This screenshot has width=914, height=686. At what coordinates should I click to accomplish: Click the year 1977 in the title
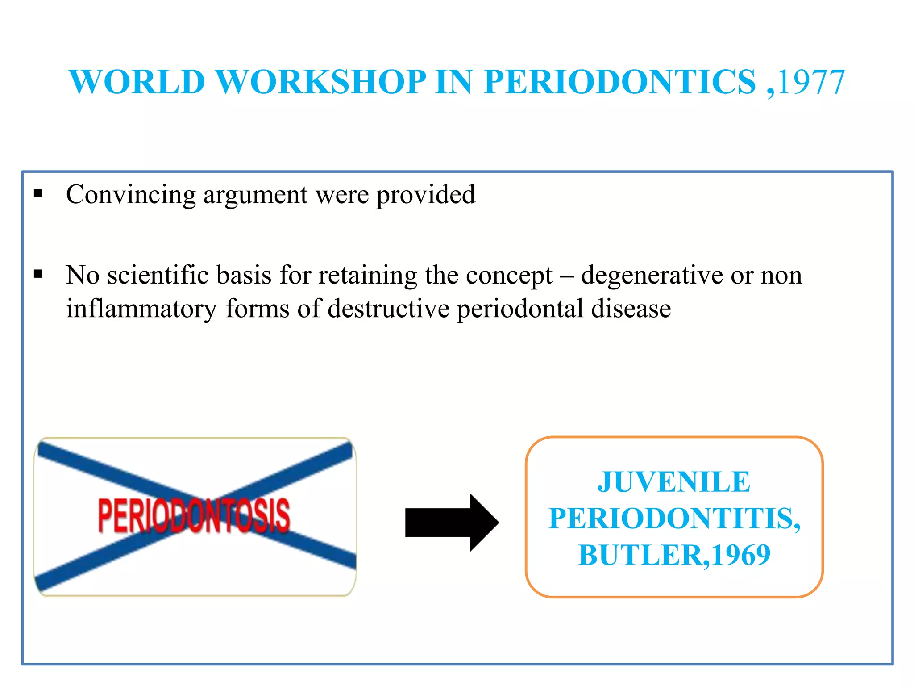(811, 83)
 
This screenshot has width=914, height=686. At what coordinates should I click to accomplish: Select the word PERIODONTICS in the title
(620, 83)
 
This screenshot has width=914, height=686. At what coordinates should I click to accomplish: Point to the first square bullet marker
(38, 193)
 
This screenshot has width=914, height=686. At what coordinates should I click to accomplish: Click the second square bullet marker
(38, 274)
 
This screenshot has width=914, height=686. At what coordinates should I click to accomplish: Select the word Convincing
(131, 195)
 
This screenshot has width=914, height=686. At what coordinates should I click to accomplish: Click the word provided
(426, 195)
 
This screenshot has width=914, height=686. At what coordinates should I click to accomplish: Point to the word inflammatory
(141, 309)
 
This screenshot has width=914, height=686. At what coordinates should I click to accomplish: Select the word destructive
(388, 309)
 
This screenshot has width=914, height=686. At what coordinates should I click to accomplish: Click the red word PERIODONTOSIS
(194, 516)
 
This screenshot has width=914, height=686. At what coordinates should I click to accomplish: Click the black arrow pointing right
(451, 522)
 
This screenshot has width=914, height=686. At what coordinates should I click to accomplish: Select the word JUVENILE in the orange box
(674, 482)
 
